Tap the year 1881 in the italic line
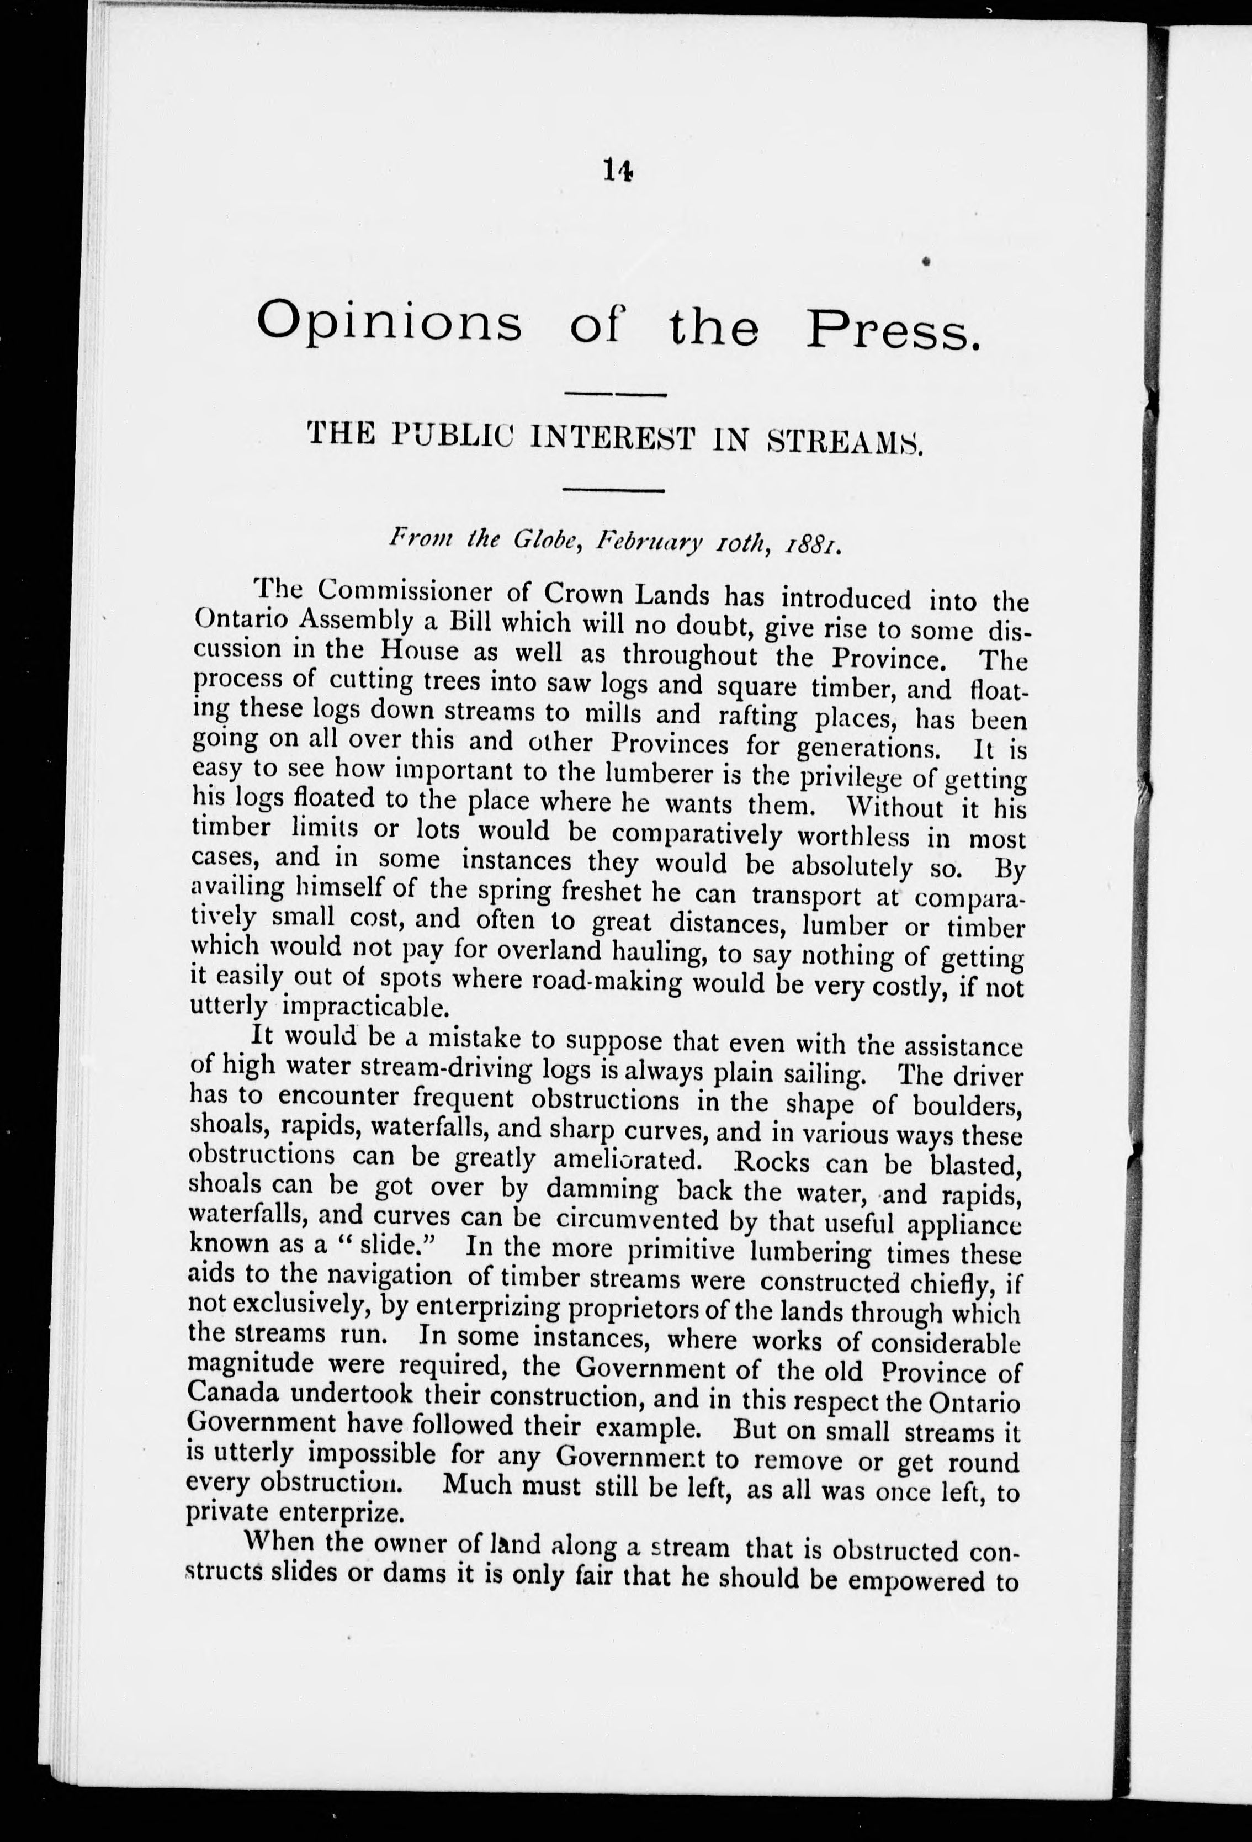click(822, 546)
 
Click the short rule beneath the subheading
click(613, 491)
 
